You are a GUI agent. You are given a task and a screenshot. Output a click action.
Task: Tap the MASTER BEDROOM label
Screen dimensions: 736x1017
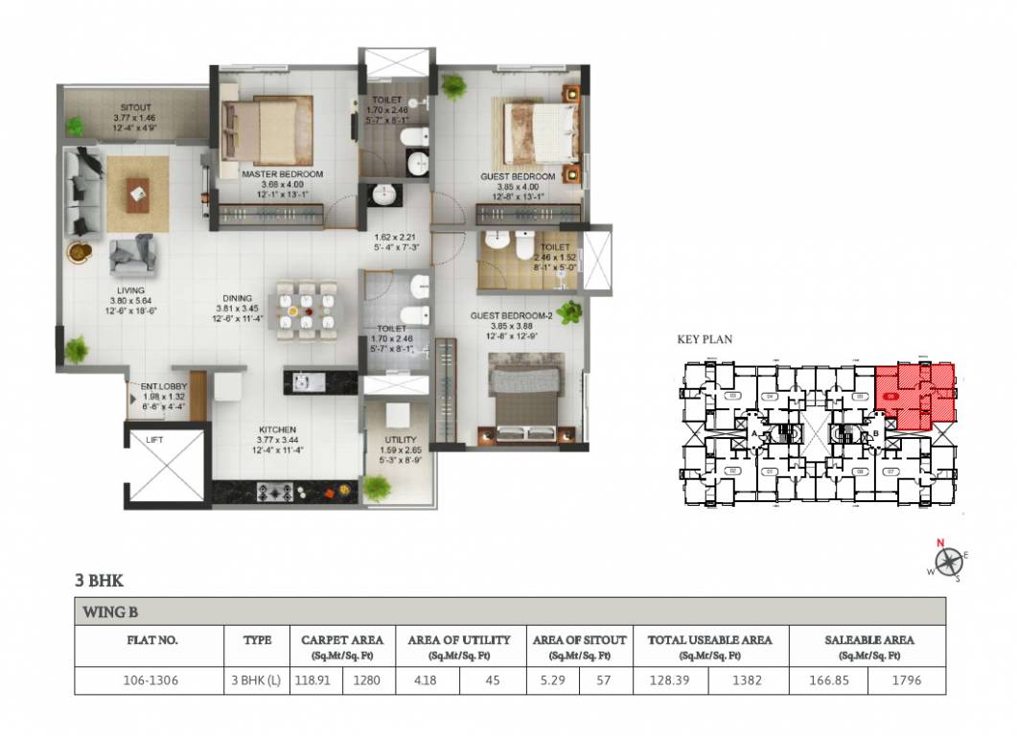(x=282, y=174)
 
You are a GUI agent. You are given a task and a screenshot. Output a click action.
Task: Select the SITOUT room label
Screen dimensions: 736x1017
(x=136, y=107)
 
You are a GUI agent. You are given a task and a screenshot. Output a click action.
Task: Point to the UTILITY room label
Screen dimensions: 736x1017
(x=400, y=439)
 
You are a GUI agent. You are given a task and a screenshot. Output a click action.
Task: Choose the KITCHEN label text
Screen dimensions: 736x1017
(x=276, y=429)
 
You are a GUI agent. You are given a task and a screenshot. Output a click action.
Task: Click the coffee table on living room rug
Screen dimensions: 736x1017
(x=137, y=195)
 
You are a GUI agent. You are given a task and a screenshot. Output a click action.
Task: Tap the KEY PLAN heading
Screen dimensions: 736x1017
(x=705, y=339)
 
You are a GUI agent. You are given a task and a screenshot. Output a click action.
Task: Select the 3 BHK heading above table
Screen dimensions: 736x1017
(x=99, y=580)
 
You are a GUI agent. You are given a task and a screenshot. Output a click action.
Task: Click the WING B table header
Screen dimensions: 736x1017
(x=109, y=611)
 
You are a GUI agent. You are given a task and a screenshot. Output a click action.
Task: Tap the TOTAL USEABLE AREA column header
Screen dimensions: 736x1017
(x=709, y=639)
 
